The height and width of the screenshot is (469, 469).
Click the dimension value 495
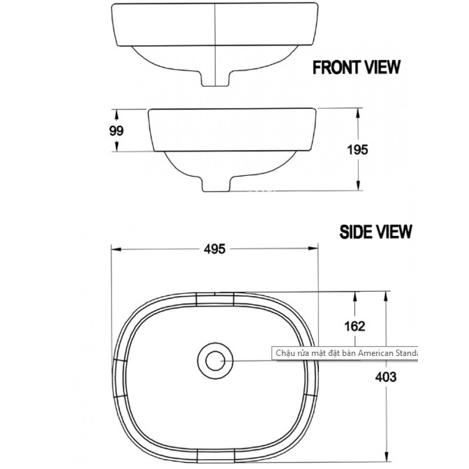(x=215, y=249)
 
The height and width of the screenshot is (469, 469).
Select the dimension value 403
(x=386, y=377)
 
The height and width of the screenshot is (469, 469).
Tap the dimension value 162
(x=355, y=325)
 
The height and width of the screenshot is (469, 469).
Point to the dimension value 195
(x=358, y=149)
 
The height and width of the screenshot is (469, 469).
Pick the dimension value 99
(x=116, y=131)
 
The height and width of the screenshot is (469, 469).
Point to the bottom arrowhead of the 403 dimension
(x=386, y=458)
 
